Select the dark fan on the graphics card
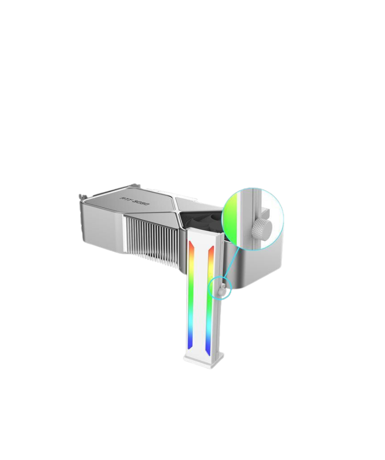tap(195, 220)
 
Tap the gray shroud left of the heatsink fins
tap(100, 228)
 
